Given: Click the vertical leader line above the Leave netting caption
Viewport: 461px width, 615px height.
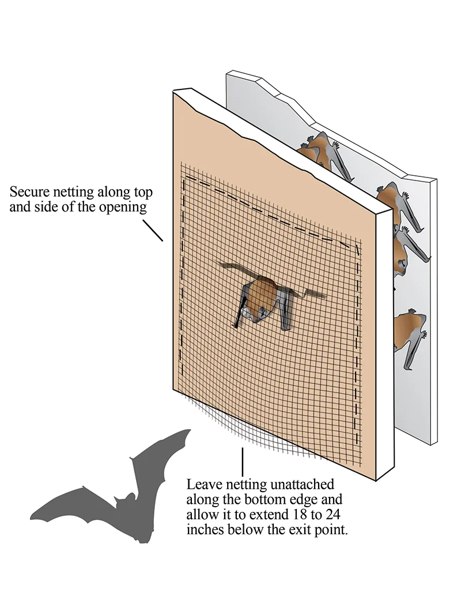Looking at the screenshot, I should click(242, 461).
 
